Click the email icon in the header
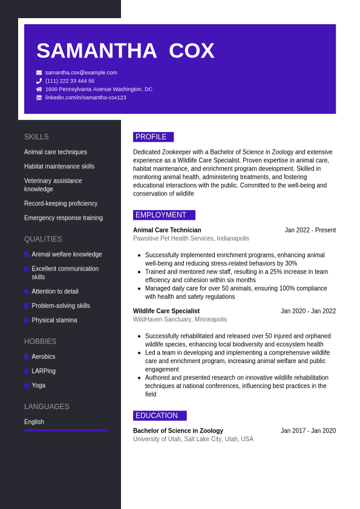pyautogui.click(x=39, y=73)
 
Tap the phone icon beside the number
pyautogui.click(x=39, y=81)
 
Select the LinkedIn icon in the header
pyautogui.click(x=39, y=97)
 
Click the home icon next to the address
pyautogui.click(x=39, y=89)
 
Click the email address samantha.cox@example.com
pyautogui.click(x=81, y=73)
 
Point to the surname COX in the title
pyautogui.click(x=191, y=51)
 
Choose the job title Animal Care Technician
pyautogui.click(x=167, y=230)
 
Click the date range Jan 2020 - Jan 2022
pyautogui.click(x=308, y=311)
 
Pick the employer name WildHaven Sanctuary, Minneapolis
pyautogui.click(x=180, y=320)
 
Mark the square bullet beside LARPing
pyautogui.click(x=27, y=371)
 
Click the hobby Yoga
pyautogui.click(x=38, y=386)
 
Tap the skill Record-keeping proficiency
pyautogui.click(x=61, y=203)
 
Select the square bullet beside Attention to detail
pyautogui.click(x=27, y=292)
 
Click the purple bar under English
pyautogui.click(x=67, y=430)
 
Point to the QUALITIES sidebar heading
pyautogui.click(x=43, y=239)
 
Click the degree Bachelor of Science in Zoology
pyautogui.click(x=178, y=431)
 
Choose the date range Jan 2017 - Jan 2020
pyautogui.click(x=308, y=431)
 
